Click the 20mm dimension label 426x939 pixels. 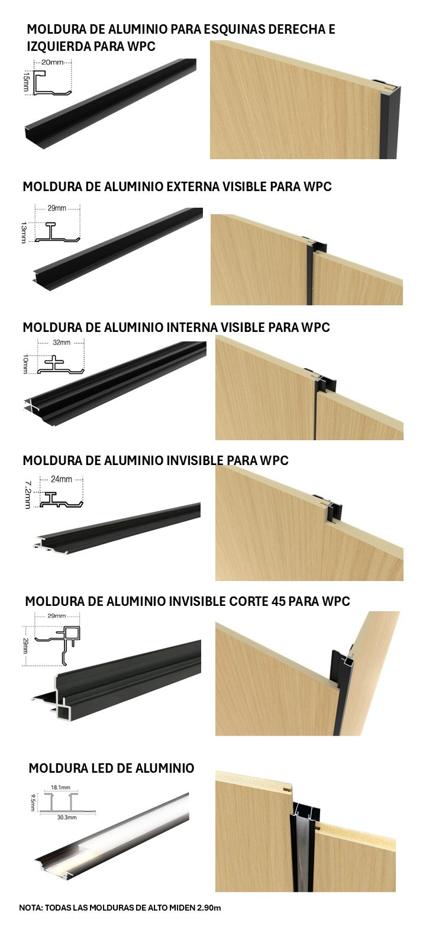[x=53, y=62]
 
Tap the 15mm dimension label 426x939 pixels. [x=25, y=81]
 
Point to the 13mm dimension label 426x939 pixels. [x=24, y=232]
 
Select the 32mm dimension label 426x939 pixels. [x=62, y=343]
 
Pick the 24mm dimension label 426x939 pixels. [x=61, y=479]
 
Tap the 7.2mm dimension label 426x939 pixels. [x=28, y=495]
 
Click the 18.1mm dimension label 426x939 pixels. [x=61, y=788]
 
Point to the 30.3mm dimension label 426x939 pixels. [x=67, y=817]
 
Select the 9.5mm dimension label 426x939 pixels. [x=33, y=802]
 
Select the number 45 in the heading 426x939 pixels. [x=279, y=601]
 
